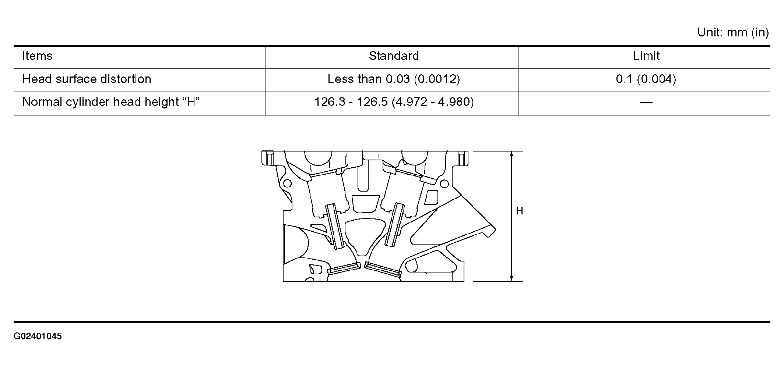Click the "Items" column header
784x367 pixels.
coord(37,56)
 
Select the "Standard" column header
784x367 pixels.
coord(394,56)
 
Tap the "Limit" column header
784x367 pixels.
coord(646,56)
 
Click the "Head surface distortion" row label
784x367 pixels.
coord(87,79)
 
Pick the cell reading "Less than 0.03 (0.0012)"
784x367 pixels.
coord(394,79)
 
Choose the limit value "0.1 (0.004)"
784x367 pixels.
coord(646,79)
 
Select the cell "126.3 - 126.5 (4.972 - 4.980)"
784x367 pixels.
coord(394,102)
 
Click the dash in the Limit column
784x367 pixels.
coord(646,103)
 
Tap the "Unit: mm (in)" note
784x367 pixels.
coord(733,32)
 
